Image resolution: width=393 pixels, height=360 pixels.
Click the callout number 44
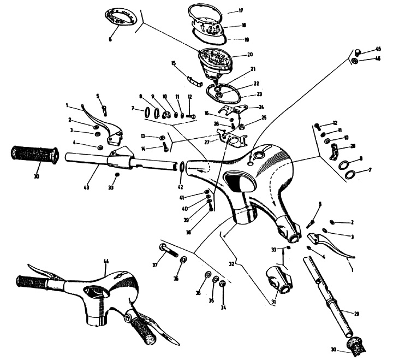[x=106, y=261]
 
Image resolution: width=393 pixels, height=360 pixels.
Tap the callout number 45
[x=378, y=50]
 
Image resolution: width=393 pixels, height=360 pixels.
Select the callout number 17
[x=240, y=10]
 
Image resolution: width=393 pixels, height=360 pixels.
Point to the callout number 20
[x=250, y=55]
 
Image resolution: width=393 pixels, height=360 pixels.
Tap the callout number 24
[x=261, y=107]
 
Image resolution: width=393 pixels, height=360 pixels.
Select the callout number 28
[x=353, y=146]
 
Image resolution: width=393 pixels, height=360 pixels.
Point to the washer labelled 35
[x=216, y=280]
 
